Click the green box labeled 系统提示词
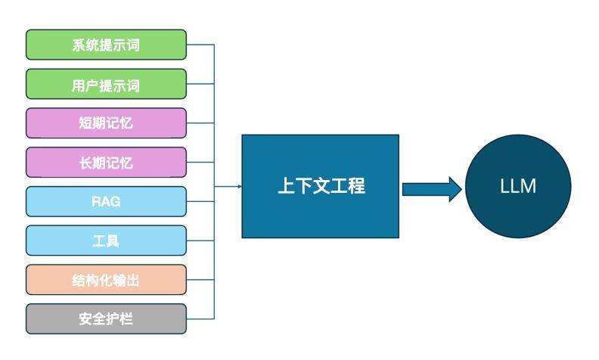point(106,45)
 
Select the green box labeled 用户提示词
point(106,84)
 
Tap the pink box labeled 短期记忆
point(106,123)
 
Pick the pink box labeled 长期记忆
point(106,163)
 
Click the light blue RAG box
point(106,202)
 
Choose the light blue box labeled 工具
point(106,241)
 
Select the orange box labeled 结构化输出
point(106,280)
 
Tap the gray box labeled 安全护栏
point(106,319)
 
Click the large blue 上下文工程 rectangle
point(320,186)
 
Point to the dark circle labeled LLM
point(518,187)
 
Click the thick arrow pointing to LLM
point(431,188)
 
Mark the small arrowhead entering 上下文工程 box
point(238,186)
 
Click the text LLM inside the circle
point(518,187)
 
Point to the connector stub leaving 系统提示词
point(200,45)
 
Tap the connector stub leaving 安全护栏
point(200,319)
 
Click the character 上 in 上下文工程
point(284,186)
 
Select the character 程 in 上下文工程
point(356,186)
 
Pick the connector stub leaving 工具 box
point(200,241)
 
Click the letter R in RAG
point(96,202)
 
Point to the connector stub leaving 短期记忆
point(200,123)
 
